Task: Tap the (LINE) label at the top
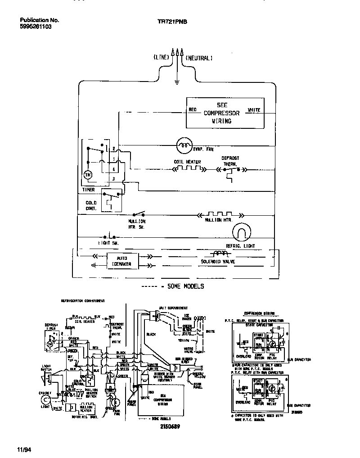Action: click(x=161, y=58)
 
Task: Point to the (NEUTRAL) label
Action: click(x=199, y=58)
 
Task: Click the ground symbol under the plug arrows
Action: click(x=177, y=82)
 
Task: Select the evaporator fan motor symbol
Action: click(x=183, y=145)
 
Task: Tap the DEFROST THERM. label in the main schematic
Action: click(x=230, y=161)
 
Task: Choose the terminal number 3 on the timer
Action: click(x=114, y=179)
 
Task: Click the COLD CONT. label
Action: click(x=91, y=206)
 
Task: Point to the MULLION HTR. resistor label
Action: click(x=218, y=220)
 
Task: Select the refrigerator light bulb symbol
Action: click(x=241, y=232)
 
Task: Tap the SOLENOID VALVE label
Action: click(x=218, y=262)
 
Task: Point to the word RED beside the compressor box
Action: click(x=192, y=109)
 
